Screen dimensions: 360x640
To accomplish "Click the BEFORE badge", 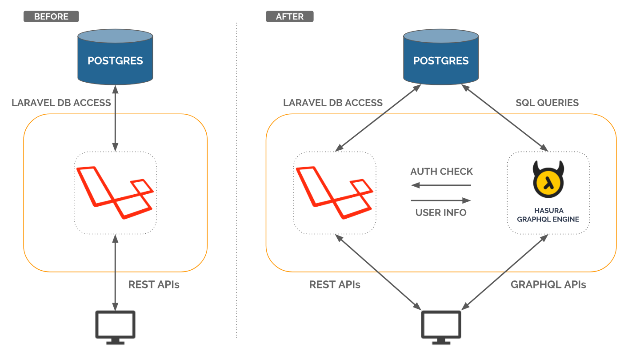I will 51,16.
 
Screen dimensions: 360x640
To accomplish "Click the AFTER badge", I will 289,16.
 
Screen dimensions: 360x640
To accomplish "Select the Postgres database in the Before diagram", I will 115,57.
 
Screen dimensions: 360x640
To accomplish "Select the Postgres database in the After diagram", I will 441,57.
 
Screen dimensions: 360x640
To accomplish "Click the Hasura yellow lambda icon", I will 548,182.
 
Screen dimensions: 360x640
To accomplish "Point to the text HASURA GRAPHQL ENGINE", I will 549,215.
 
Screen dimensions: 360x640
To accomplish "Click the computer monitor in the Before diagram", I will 115,327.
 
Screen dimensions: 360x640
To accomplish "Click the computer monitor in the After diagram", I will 441,327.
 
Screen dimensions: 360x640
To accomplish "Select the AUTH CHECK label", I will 441,172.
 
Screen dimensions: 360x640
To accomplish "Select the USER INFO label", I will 441,212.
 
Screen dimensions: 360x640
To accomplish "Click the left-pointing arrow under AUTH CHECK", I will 441,185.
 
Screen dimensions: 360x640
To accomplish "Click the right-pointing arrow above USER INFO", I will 441,200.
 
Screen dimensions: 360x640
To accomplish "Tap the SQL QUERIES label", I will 547,103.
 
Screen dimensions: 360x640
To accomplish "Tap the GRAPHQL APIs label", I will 548,284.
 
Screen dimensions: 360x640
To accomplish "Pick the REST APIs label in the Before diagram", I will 154,284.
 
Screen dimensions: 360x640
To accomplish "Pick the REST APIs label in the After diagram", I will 335,284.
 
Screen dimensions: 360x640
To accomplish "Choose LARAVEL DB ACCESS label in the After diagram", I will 333,103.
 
